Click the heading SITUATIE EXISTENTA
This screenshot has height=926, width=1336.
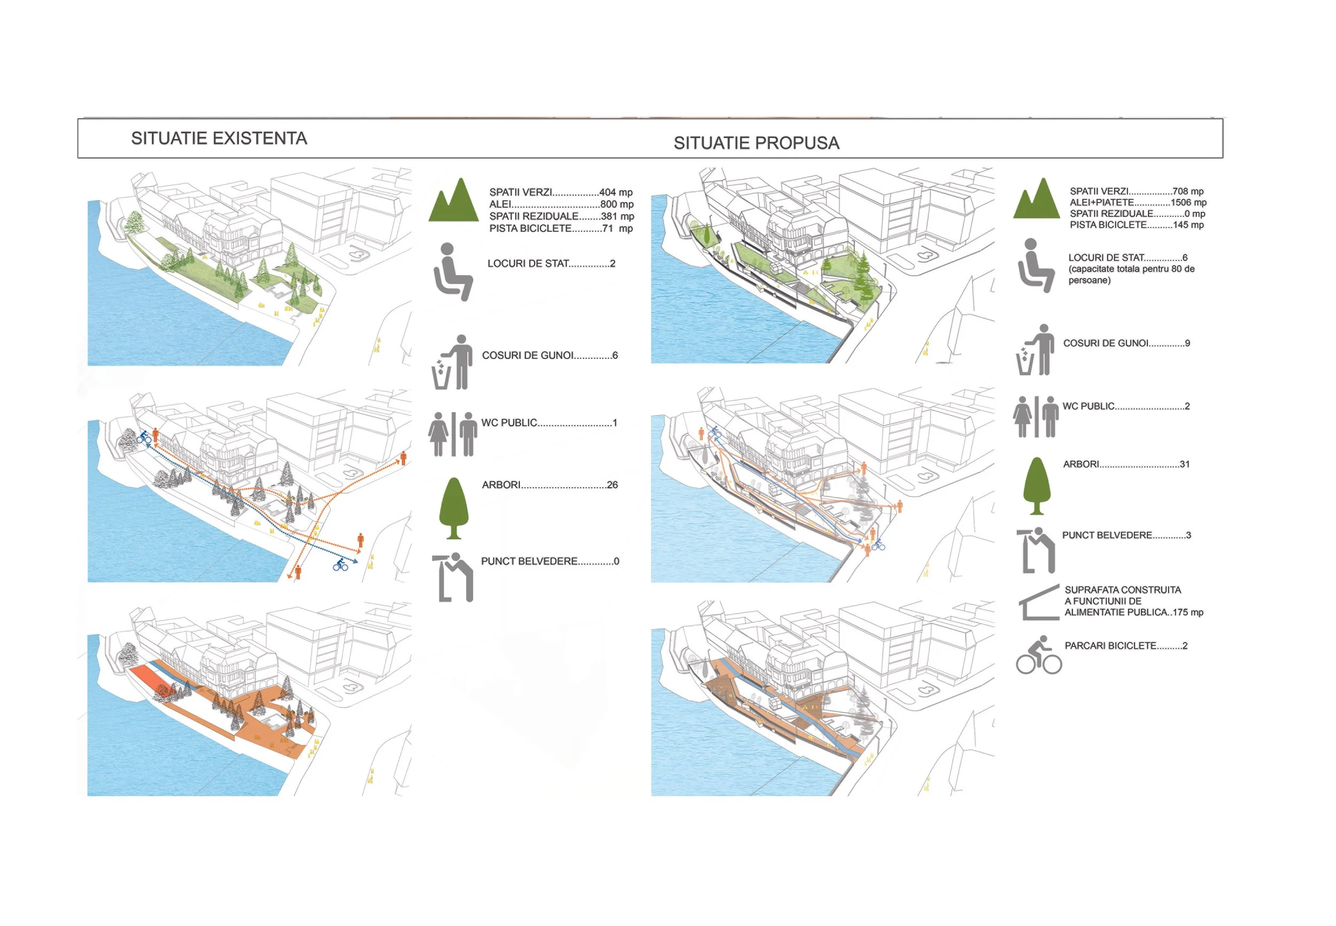(x=219, y=138)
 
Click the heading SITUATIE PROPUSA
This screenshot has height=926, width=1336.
(x=757, y=143)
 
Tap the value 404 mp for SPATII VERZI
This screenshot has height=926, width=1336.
(x=616, y=192)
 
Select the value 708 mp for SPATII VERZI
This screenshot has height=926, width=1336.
(x=1188, y=191)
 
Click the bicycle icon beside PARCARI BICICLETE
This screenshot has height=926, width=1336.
(x=1038, y=655)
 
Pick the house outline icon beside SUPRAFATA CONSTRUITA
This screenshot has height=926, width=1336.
(x=1039, y=602)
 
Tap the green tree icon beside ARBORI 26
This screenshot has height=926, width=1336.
(x=454, y=508)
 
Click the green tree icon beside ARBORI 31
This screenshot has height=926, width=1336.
(x=1037, y=486)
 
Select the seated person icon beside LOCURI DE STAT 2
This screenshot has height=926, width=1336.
(x=453, y=271)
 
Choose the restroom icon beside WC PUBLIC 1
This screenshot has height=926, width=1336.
(x=453, y=434)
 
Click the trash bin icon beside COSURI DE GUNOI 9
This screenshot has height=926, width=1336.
(x=1035, y=350)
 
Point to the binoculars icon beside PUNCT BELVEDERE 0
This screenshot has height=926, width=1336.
(x=453, y=577)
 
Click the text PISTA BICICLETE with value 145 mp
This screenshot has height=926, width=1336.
(x=1108, y=224)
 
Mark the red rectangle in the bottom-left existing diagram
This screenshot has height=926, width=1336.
(x=145, y=678)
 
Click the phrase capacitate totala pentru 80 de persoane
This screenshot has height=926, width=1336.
(x=1131, y=275)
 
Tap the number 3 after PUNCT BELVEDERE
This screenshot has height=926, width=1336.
(x=1188, y=535)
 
